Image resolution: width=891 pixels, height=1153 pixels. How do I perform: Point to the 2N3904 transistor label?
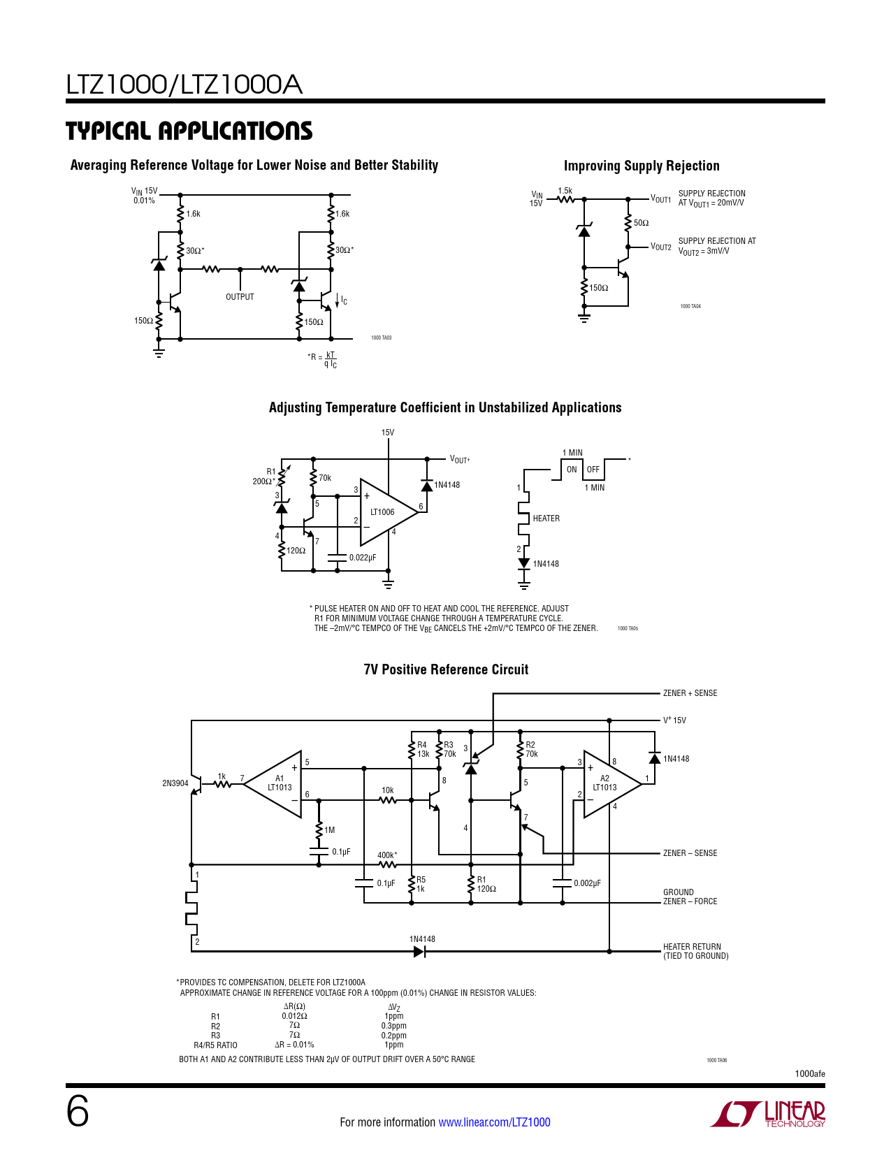(175, 783)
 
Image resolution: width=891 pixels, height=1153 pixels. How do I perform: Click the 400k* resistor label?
(387, 855)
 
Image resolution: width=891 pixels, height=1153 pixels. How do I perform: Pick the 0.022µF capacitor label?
(363, 557)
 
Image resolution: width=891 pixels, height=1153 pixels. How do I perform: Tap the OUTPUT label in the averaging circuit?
(240, 296)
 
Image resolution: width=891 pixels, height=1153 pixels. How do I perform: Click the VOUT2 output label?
(660, 247)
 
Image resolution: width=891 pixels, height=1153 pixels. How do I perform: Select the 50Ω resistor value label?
(641, 223)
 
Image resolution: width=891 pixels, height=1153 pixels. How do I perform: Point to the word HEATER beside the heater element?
(546, 518)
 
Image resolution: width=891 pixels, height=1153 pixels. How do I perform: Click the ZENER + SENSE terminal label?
(690, 693)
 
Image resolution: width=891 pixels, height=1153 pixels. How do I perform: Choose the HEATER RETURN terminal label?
(692, 946)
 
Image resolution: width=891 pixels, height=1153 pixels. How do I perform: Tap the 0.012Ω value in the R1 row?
(294, 1015)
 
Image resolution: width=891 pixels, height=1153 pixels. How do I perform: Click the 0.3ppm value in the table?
(393, 1025)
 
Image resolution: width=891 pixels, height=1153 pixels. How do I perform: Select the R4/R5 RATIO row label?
(215, 1045)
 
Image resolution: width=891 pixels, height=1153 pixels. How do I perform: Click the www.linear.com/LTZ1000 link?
(494, 1122)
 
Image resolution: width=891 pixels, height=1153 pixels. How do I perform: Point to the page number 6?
(78, 1112)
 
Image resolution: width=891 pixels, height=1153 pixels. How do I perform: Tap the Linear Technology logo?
(767, 1114)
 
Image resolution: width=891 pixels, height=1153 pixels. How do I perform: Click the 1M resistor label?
(330, 830)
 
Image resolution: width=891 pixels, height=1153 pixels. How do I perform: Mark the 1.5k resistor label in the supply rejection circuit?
(565, 191)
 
